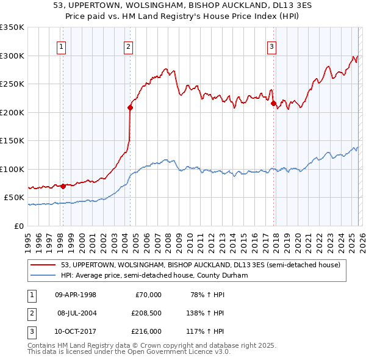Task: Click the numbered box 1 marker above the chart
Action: tap(62, 45)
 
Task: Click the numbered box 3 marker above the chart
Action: tap(272, 45)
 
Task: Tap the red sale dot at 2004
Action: tap(130, 108)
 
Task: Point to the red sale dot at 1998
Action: tap(63, 186)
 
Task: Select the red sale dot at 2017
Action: tap(273, 104)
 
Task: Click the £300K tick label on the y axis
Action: tap(12, 56)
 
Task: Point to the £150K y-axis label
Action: tap(12, 140)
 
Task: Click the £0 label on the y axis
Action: tap(19, 226)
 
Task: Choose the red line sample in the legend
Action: tap(44, 265)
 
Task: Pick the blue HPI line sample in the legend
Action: tap(44, 276)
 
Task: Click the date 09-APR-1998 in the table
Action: tap(75, 295)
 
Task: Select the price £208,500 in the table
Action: tap(146, 313)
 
